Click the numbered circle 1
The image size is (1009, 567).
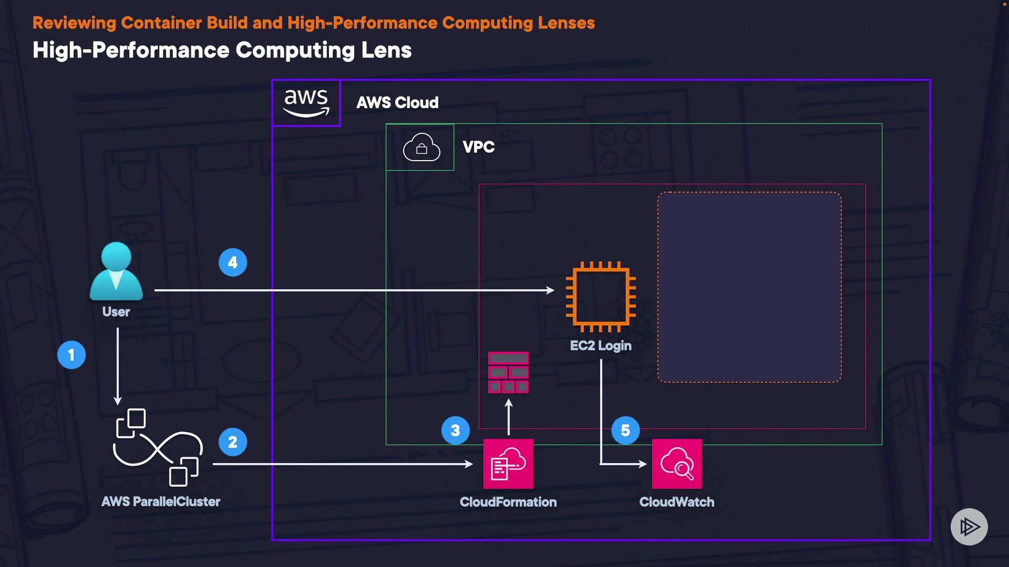point(71,355)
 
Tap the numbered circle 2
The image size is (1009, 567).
point(233,442)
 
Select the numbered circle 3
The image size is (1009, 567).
point(456,430)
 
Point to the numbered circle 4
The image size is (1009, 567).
point(233,262)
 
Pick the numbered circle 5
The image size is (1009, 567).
point(625,430)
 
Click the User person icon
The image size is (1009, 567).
point(116,271)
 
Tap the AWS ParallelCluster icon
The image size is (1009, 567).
point(158,447)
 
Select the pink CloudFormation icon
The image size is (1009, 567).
point(508,464)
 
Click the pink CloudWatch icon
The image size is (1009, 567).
point(677,464)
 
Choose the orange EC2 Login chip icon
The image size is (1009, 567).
point(601,297)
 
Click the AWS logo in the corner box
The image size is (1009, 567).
point(306,103)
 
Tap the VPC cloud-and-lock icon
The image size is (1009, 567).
point(421,147)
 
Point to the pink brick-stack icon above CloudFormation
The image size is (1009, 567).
point(508,372)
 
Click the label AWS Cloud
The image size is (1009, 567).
point(397,103)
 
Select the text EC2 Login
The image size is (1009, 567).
point(601,346)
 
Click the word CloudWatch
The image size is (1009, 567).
point(676,502)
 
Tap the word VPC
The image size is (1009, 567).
point(478,147)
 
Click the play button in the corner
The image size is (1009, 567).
point(969,527)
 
